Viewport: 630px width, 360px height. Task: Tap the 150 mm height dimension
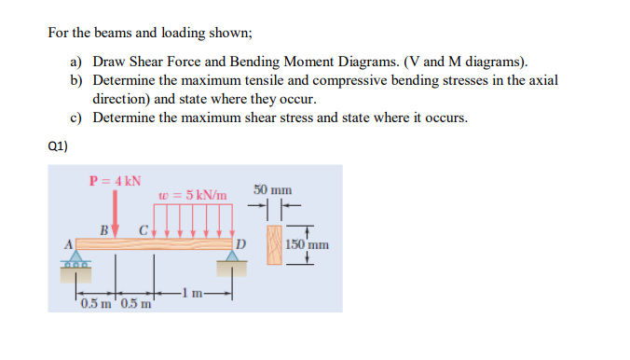point(308,245)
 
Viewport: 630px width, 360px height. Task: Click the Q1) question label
point(58,145)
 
